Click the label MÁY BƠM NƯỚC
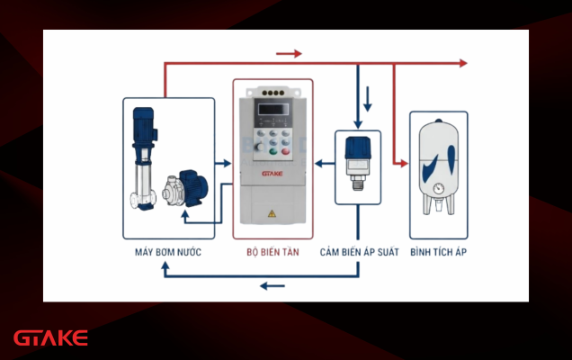pyautogui.click(x=168, y=252)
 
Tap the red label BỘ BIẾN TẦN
pyautogui.click(x=273, y=252)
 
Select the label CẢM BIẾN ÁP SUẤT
pyautogui.click(x=360, y=252)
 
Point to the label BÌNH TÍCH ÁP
pyautogui.click(x=439, y=252)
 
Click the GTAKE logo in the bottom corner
pyautogui.click(x=50, y=338)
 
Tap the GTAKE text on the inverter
pyautogui.click(x=273, y=174)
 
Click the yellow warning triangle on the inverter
pyautogui.click(x=272, y=213)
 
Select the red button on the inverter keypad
pyautogui.click(x=285, y=151)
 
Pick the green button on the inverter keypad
pyautogui.click(x=273, y=151)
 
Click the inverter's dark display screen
pyautogui.click(x=273, y=109)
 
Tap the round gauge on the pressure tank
pyautogui.click(x=439, y=189)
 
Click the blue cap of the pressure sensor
pyautogui.click(x=358, y=148)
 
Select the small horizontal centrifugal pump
pyautogui.click(x=185, y=188)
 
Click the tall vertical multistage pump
pyautogui.click(x=144, y=158)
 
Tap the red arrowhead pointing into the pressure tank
pyautogui.click(x=404, y=163)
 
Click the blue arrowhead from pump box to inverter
pyautogui.click(x=227, y=163)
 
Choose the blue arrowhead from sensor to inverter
pyautogui.click(x=319, y=163)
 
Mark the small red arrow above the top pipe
pyautogui.click(x=289, y=54)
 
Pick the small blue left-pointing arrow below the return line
pyautogui.click(x=273, y=286)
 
